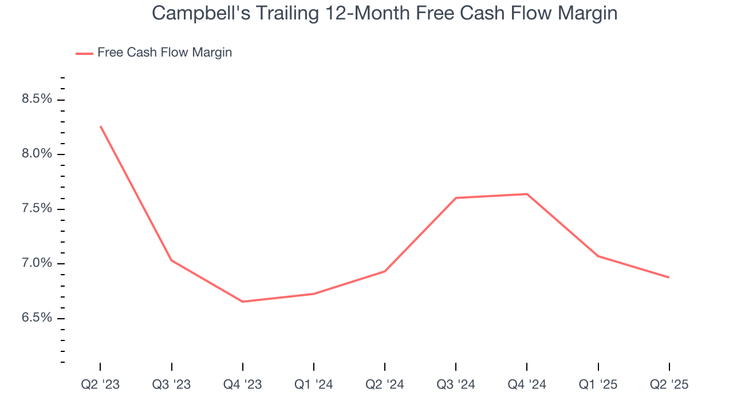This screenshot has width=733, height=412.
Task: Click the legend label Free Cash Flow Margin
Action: (164, 53)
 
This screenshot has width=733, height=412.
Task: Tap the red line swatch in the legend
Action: (84, 53)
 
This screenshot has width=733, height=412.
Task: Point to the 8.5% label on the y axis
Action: (37, 99)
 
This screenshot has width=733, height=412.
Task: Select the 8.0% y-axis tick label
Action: (37, 154)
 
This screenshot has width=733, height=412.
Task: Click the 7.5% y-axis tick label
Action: (37, 208)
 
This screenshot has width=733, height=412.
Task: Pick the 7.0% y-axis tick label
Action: (37, 263)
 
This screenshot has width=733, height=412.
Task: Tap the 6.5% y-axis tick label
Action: (37, 318)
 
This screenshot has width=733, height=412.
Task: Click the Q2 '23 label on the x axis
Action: (100, 385)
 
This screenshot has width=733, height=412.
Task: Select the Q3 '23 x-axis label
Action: (171, 385)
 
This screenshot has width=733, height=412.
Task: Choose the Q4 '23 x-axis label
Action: (243, 385)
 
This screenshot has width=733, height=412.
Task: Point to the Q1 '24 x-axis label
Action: (314, 385)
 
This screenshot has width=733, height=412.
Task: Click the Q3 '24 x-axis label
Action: (456, 385)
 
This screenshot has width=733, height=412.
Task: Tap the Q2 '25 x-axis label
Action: (669, 385)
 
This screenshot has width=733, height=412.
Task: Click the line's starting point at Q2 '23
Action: (101, 126)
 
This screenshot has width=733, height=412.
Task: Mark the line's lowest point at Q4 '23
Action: (243, 302)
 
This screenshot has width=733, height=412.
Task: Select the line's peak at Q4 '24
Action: (527, 194)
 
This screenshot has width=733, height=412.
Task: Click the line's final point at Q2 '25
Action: (669, 278)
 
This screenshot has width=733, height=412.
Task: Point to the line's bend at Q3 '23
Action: (172, 260)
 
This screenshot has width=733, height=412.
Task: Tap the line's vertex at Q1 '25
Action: (598, 256)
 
